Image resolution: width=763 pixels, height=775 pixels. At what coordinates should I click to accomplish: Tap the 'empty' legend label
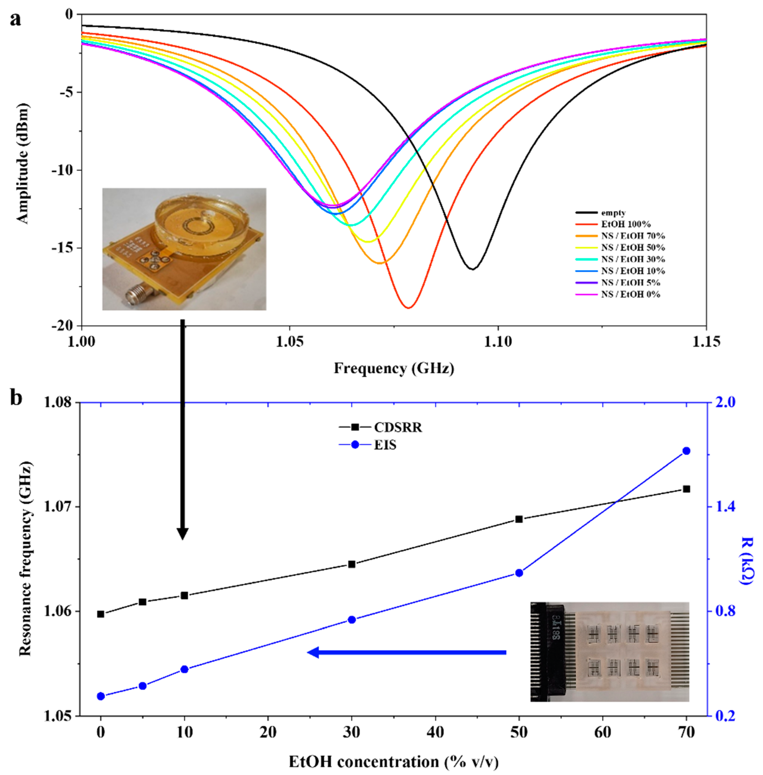[x=613, y=213]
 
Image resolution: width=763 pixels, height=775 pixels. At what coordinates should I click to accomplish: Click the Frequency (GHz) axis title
[x=394, y=368]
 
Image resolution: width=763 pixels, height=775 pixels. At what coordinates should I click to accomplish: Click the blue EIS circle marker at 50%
[x=519, y=573]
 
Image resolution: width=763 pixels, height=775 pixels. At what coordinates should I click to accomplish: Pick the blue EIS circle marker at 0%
[x=101, y=696]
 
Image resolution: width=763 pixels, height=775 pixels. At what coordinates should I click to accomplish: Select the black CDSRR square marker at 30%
[x=352, y=564]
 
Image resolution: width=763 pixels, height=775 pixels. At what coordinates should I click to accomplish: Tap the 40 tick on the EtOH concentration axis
[x=435, y=732]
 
